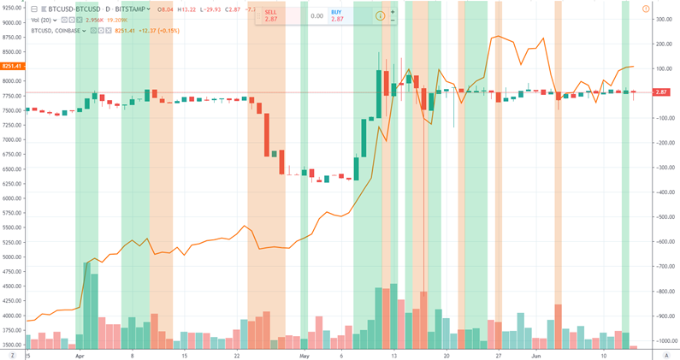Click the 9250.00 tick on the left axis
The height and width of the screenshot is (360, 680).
[12, 8]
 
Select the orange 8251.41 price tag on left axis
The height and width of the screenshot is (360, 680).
[11, 66]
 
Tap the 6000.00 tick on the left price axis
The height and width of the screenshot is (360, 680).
[12, 198]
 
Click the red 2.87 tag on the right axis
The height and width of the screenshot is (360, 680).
[661, 91]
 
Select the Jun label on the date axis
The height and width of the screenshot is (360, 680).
[535, 353]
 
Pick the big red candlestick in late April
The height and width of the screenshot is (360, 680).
[267, 128]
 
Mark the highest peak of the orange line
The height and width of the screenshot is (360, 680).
[498, 37]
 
